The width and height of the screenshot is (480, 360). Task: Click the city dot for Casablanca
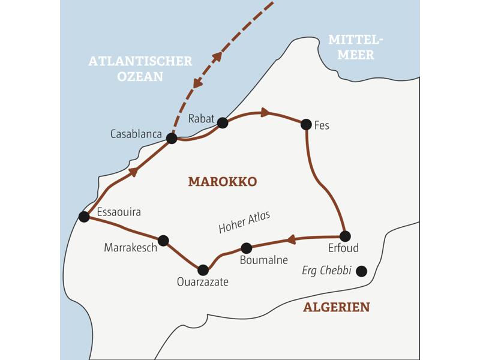pos(172,139)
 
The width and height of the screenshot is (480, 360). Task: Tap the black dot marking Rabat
pos(223,123)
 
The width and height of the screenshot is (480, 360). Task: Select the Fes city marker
pos(306,125)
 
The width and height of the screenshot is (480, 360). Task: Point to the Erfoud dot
pos(344,236)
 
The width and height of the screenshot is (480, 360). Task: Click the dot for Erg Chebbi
pos(361,271)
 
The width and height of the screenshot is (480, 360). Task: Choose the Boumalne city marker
pos(246,248)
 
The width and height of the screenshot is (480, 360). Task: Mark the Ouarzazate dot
pos(203,270)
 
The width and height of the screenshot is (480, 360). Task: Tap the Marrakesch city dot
pos(163,241)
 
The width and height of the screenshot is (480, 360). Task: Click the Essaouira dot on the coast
pos(84,217)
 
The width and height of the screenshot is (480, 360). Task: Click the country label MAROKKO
pos(223,181)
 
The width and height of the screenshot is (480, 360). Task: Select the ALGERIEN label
pos(336,308)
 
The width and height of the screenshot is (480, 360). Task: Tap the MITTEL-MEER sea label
pos(355,47)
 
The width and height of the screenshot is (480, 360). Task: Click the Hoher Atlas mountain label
pos(244,222)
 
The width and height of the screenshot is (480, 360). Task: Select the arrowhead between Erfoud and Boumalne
pos(291,240)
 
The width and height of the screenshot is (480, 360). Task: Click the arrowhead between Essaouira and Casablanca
pos(133,172)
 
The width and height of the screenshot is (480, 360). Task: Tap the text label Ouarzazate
pos(203,282)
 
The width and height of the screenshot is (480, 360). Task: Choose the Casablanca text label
pos(136,134)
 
